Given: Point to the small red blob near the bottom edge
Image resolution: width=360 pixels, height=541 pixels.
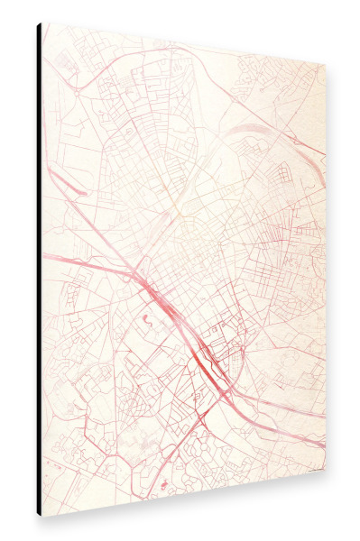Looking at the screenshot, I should [x=163, y=486].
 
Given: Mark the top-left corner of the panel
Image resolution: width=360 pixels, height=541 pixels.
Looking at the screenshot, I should [x=42, y=23].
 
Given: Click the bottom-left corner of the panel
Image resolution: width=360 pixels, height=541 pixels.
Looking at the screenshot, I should [x=42, y=515].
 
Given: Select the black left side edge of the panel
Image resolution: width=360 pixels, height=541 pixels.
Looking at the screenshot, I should [x=39, y=270].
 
